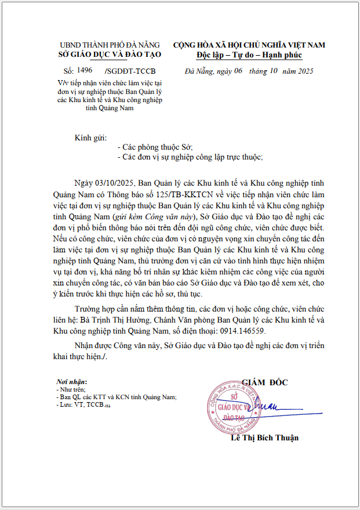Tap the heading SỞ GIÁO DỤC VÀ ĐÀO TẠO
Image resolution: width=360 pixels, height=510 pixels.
[x=109, y=55]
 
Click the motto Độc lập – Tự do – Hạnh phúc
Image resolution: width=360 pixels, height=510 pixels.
[x=249, y=55]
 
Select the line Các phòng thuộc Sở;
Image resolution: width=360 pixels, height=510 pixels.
[x=155, y=147]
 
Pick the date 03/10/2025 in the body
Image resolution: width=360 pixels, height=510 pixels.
[x=114, y=183]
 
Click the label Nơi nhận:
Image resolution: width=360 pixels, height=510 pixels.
[x=71, y=382]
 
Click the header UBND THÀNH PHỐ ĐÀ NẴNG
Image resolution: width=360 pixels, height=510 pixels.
[x=109, y=45]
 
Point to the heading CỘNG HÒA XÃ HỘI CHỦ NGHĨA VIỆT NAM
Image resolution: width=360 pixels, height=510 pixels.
[x=249, y=45]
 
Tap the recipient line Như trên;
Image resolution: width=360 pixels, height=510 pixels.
[x=70, y=390]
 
